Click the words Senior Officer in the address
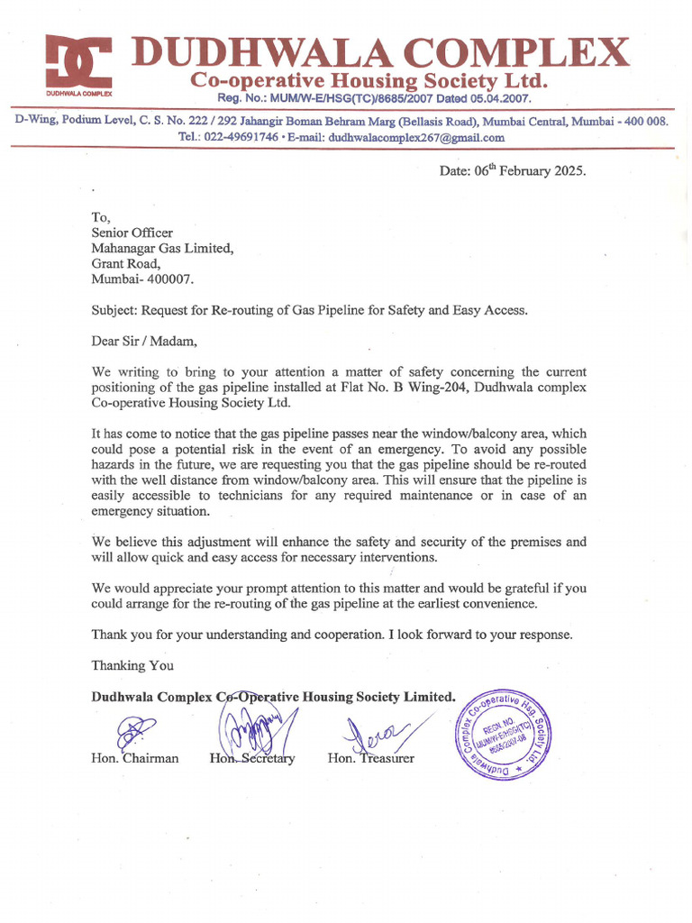pos(132,233)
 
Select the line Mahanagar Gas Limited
pos(162,248)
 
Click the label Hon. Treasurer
pos(371,758)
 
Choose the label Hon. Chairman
pos(134,758)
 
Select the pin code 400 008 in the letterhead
pos(641,120)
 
